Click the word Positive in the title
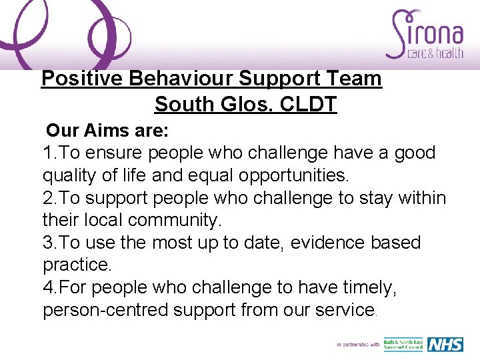[x=82, y=79]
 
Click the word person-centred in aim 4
[x=106, y=310]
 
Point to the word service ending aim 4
[x=341, y=310]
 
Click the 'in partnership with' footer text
[x=358, y=345]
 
